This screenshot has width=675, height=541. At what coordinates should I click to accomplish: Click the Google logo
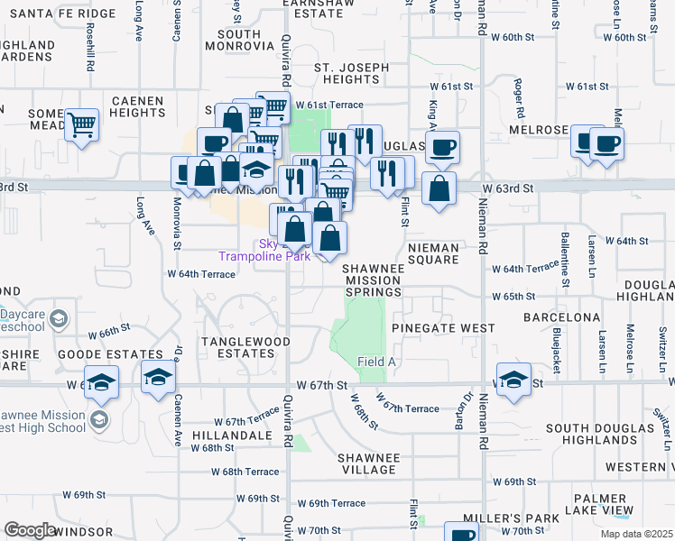[x=30, y=530]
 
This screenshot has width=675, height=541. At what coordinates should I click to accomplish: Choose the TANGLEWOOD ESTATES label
[x=245, y=347]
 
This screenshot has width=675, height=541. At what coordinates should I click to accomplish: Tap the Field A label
[x=377, y=362]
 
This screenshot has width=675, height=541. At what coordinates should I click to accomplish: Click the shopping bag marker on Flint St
[x=439, y=189]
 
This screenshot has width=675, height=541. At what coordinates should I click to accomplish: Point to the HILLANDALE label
[x=244, y=435]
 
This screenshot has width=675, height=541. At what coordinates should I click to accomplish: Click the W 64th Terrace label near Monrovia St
[x=200, y=272]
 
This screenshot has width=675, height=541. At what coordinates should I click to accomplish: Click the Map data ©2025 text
[x=637, y=534]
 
